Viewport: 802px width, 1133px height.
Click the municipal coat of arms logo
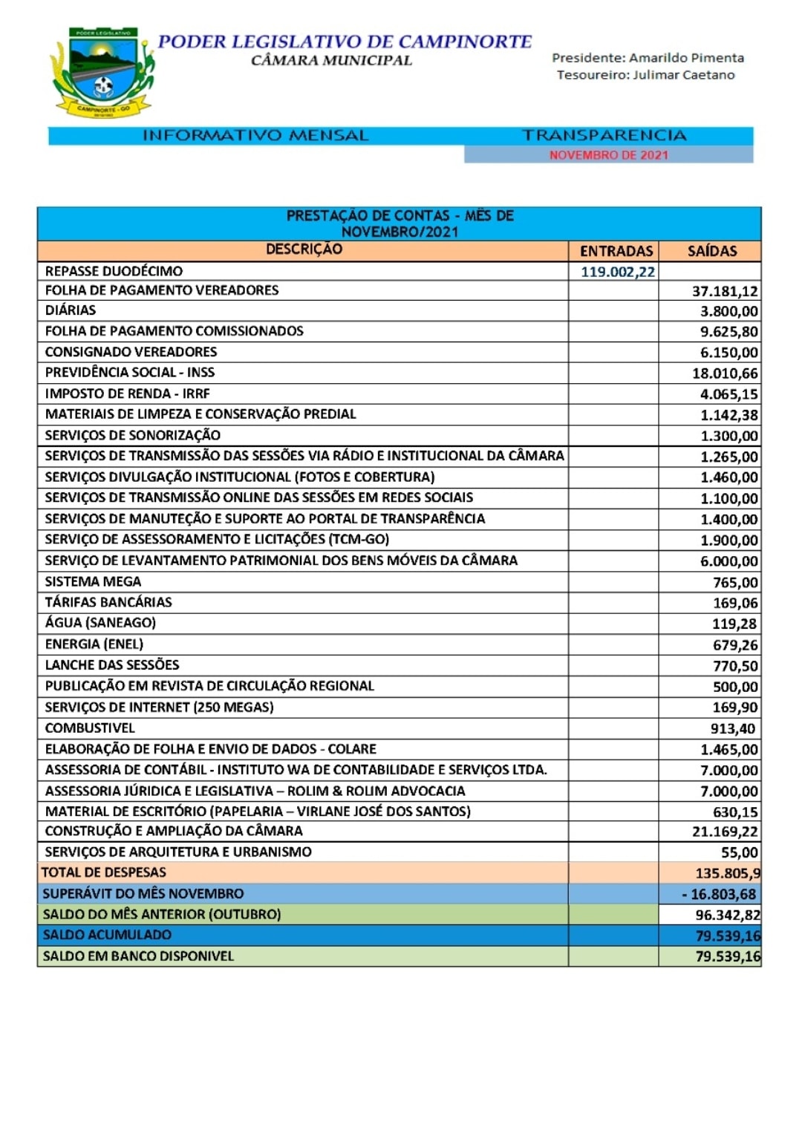pyautogui.click(x=102, y=73)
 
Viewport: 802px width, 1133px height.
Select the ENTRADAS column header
pyautogui.click(x=616, y=251)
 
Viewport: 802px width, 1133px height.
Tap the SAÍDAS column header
pyautogui.click(x=711, y=251)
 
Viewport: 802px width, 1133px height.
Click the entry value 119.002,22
pyautogui.click(x=617, y=272)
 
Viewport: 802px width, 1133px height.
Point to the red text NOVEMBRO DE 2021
pyautogui.click(x=608, y=154)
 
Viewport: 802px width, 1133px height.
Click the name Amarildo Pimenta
pyautogui.click(x=686, y=57)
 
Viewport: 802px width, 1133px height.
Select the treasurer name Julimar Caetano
pyautogui.click(x=683, y=75)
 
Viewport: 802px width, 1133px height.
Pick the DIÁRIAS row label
pyautogui.click(x=71, y=310)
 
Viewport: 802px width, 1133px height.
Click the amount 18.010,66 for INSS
pyautogui.click(x=725, y=373)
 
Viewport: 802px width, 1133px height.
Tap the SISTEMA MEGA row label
pyautogui.click(x=93, y=581)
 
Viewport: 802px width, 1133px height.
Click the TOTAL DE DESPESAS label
pyautogui.click(x=104, y=872)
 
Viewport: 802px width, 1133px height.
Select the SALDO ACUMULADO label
pyautogui.click(x=107, y=935)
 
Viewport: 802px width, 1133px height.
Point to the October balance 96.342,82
pyautogui.click(x=727, y=915)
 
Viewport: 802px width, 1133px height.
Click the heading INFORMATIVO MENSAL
pyautogui.click(x=255, y=135)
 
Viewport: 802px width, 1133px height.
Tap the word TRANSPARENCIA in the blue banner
pyautogui.click(x=604, y=135)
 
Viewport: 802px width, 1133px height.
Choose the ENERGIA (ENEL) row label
pyautogui.click(x=94, y=644)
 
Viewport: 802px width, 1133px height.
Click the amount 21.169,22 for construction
pyautogui.click(x=725, y=832)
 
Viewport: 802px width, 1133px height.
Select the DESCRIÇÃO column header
pyautogui.click(x=304, y=249)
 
